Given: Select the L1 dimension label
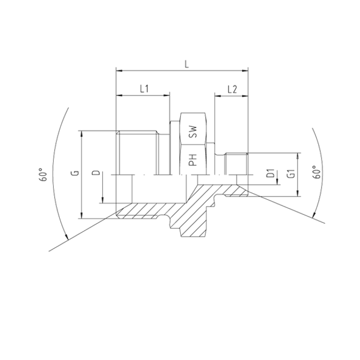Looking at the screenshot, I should (143, 89).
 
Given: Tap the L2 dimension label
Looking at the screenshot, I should (233, 89).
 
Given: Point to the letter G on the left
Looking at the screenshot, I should (74, 174).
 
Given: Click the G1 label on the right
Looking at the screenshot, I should (291, 173).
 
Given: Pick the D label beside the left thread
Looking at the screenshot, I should (95, 174).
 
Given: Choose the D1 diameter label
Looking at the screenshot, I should (270, 174).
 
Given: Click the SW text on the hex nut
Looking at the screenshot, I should (193, 132).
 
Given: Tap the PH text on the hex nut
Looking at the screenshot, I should (193, 161).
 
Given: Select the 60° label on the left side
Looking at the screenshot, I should (42, 175).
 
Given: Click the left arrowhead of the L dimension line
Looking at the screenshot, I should (117, 71).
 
